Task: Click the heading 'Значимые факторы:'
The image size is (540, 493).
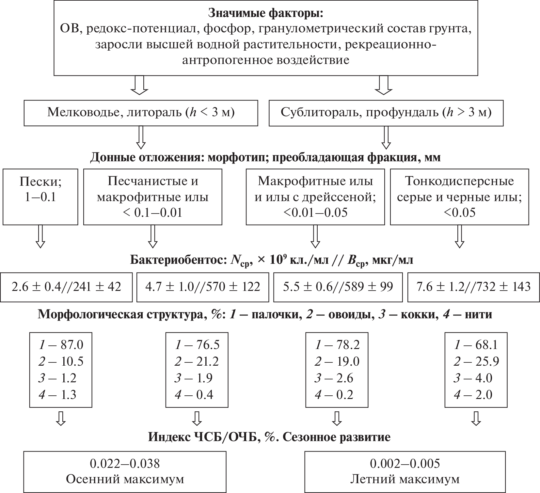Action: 265,13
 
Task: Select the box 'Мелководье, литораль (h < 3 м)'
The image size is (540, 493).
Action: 141,113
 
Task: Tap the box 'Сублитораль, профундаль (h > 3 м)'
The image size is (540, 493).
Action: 386,113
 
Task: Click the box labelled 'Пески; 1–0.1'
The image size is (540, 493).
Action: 40,197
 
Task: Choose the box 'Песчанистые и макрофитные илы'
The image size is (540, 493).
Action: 152,197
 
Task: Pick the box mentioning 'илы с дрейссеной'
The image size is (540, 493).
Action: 315,197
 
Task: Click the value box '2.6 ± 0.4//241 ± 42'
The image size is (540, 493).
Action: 66,287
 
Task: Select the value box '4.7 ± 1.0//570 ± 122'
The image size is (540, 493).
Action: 202,287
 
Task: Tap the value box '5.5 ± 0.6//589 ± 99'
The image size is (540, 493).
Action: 338,287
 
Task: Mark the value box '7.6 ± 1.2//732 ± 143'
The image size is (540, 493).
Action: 473,287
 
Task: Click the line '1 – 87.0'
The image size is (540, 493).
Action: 61,345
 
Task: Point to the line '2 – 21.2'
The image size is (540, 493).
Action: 197,361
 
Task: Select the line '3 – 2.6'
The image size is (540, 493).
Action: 334,378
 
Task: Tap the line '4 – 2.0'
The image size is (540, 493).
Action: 473,395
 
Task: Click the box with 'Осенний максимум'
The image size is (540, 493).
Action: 125,472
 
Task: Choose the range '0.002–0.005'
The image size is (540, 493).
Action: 405,464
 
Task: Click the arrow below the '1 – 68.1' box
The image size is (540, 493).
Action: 476,418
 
